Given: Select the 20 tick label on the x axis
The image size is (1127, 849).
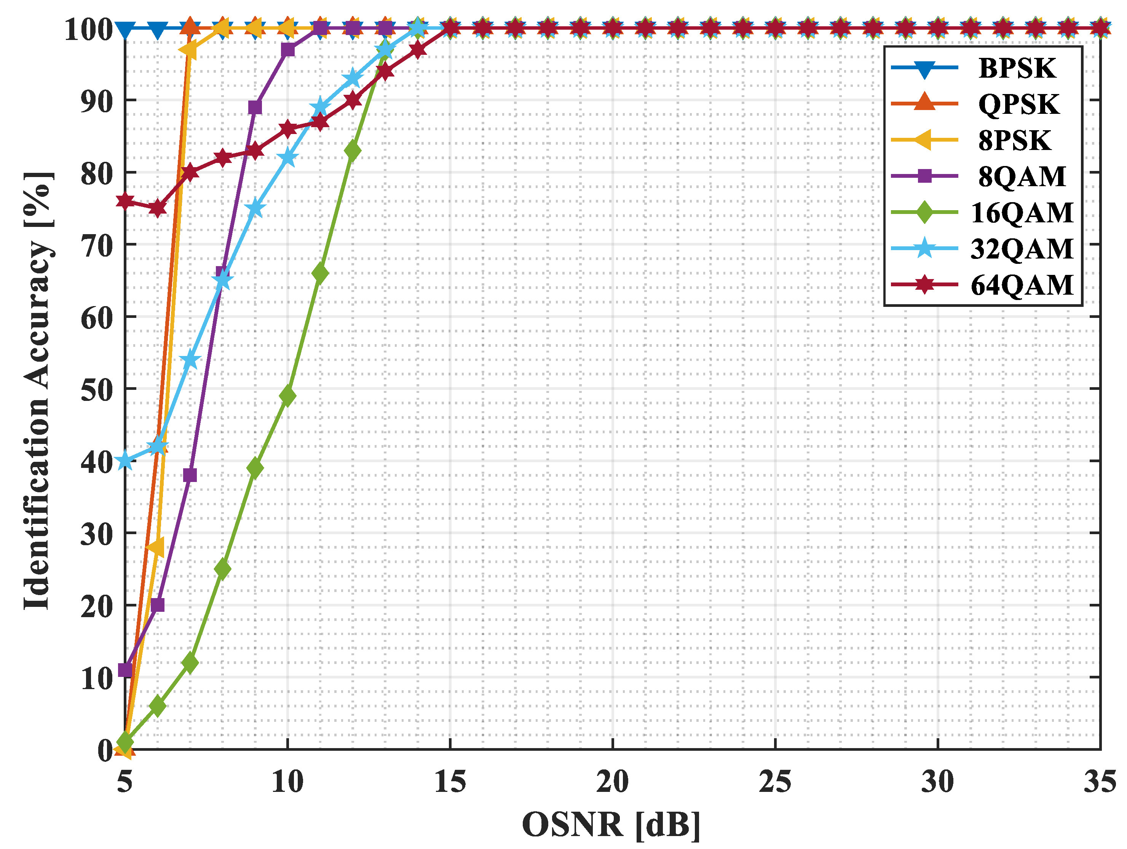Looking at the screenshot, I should coord(612,781).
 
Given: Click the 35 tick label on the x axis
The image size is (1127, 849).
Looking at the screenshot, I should coord(1100,781).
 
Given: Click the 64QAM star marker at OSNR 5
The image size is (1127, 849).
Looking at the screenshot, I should coord(125,201).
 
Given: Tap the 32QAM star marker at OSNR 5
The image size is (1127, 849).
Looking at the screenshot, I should coord(125,461).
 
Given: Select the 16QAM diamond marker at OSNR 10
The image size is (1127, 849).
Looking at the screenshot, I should coord(288,396).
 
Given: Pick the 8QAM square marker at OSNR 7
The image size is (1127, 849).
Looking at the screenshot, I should coord(190,476).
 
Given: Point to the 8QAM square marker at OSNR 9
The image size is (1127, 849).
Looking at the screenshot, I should coord(255,107).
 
